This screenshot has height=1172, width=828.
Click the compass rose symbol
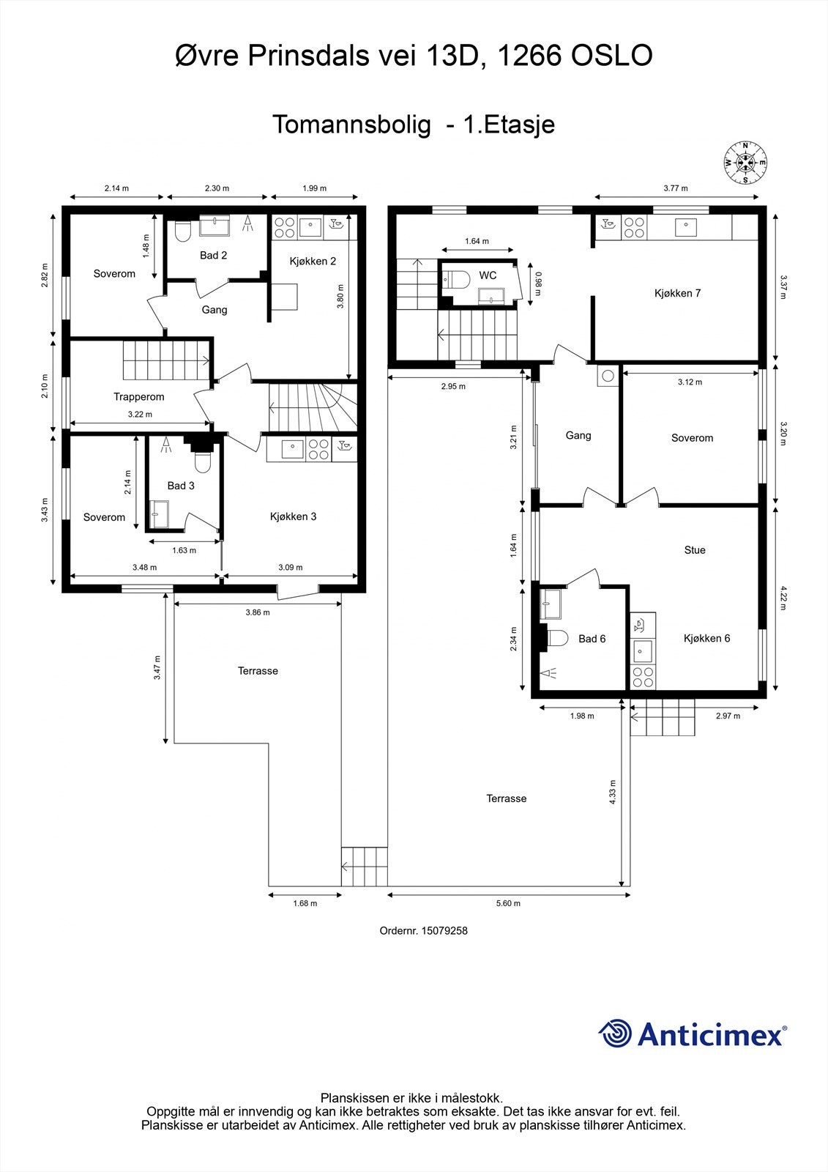click(745, 163)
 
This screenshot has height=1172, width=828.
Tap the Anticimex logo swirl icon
click(615, 1033)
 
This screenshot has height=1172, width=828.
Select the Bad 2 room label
click(214, 256)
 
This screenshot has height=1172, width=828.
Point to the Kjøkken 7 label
click(677, 293)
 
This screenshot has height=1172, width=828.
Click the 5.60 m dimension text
click(508, 903)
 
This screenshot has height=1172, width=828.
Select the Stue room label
click(695, 550)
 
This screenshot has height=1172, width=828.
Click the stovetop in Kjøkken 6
click(642, 677)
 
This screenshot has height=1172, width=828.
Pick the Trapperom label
click(139, 396)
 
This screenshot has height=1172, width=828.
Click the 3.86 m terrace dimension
click(258, 612)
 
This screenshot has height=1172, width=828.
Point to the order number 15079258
click(444, 931)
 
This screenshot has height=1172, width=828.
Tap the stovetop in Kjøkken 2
click(285, 228)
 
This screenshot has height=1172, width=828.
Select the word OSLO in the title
click(611, 56)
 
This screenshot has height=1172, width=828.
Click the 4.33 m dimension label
click(613, 792)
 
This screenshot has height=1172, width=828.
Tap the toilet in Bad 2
click(182, 231)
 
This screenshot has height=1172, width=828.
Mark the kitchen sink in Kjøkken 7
click(685, 227)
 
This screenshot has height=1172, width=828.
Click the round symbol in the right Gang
click(608, 375)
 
